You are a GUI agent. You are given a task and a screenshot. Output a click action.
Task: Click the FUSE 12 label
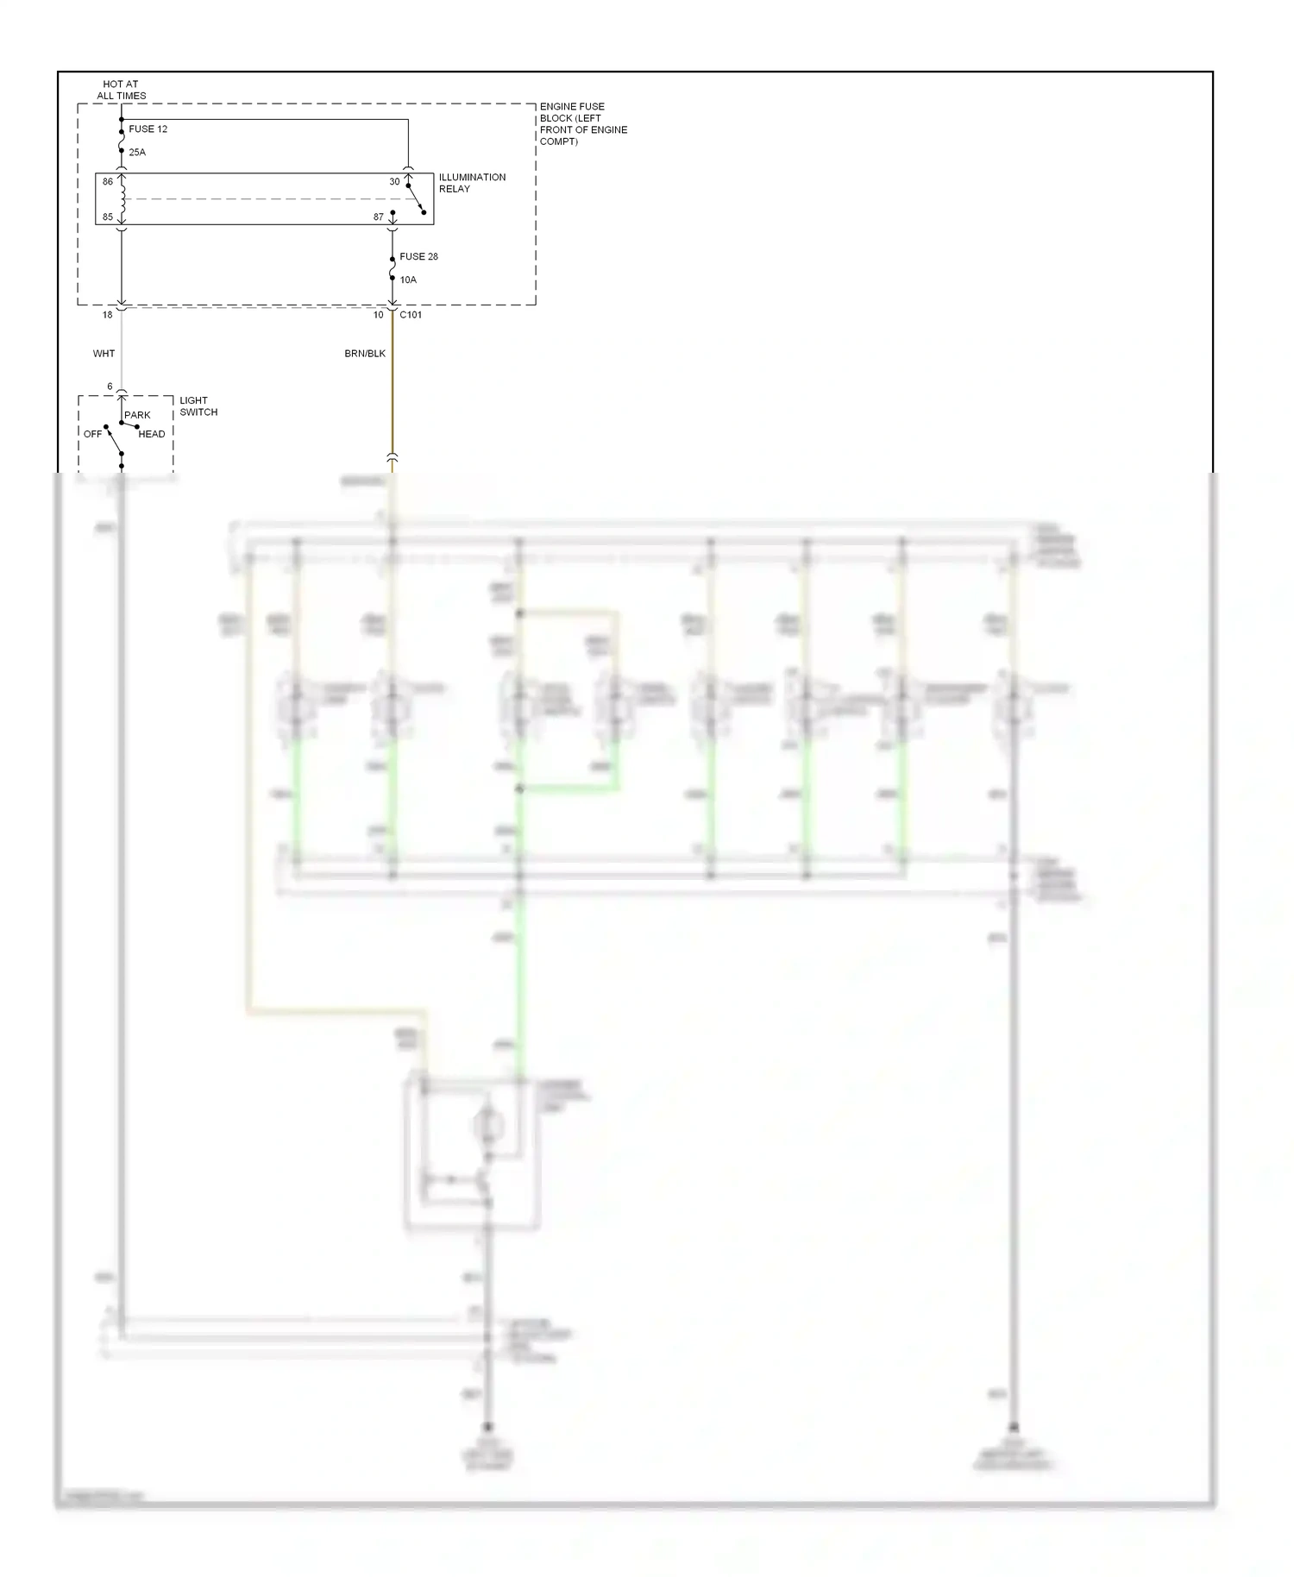[x=148, y=129]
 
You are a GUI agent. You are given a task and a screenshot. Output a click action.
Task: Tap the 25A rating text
[x=137, y=153]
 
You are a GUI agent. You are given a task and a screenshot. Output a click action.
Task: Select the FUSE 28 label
[x=418, y=257]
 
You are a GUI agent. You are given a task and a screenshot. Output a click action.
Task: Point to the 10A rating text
[x=408, y=280]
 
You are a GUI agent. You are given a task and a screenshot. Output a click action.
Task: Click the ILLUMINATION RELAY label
[x=472, y=183]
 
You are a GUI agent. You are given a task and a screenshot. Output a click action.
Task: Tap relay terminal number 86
[x=108, y=182]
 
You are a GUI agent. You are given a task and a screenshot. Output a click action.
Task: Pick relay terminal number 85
[x=108, y=217]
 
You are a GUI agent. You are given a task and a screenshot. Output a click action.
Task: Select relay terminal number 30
[x=394, y=182]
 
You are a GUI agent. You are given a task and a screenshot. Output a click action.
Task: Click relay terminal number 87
[x=379, y=217]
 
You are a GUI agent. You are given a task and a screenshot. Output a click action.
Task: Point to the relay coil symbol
[x=122, y=199]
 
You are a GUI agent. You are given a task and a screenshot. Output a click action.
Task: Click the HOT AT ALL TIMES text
[x=121, y=91]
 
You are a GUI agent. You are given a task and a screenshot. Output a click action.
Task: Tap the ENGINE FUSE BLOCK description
[x=583, y=124]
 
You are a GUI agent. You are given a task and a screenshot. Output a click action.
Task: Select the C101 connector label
[x=411, y=316]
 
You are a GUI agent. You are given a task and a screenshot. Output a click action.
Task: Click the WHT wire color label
[x=104, y=354]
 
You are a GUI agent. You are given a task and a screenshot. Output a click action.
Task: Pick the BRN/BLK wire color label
[x=365, y=354]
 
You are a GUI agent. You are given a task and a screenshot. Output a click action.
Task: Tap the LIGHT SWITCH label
[x=198, y=406]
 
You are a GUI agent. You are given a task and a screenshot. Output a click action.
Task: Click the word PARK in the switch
[x=137, y=416]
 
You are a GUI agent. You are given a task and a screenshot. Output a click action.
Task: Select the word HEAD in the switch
[x=151, y=435]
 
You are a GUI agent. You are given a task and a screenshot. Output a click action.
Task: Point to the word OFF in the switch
[x=92, y=435]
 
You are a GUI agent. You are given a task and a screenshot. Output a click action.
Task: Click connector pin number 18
[x=108, y=316]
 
